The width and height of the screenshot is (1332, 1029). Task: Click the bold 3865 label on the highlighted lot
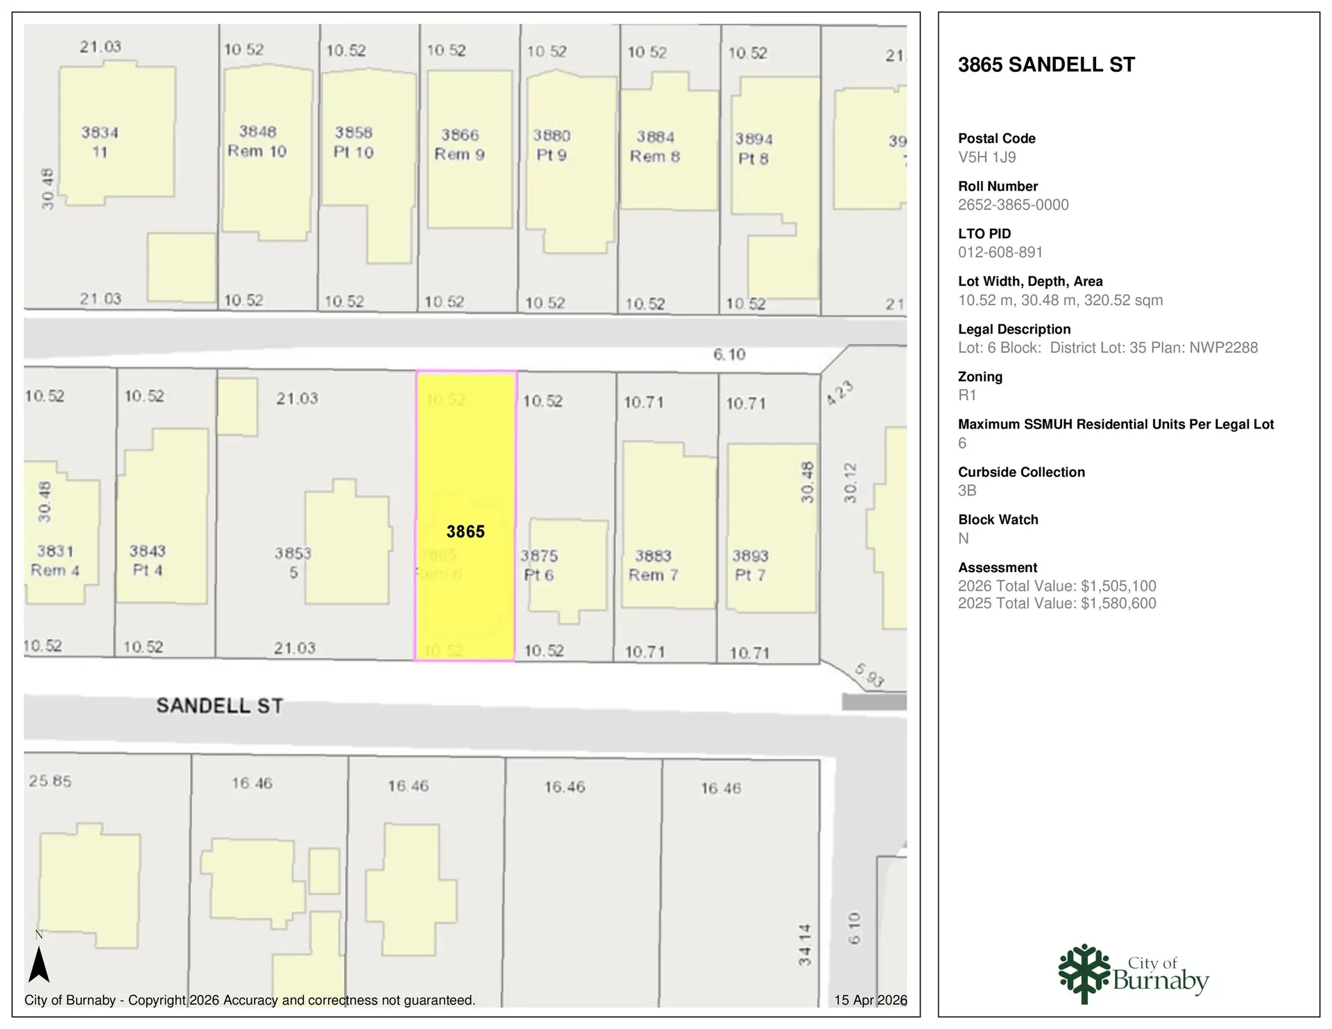[465, 532]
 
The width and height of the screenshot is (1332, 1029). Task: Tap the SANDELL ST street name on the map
[219, 706]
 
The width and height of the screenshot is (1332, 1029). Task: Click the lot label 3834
[100, 132]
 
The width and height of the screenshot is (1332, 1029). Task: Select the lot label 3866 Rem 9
[459, 144]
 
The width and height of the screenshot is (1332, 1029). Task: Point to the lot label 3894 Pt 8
[753, 148]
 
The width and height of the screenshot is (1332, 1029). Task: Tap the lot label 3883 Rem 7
[653, 565]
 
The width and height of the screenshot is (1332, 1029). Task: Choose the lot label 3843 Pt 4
[147, 560]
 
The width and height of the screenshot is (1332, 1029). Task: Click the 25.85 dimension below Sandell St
[50, 781]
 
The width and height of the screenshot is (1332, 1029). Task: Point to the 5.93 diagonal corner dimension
[869, 675]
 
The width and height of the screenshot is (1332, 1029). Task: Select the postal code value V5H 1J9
[987, 157]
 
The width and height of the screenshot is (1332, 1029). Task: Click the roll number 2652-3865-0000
[1013, 205]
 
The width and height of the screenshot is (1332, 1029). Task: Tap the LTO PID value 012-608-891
[1000, 252]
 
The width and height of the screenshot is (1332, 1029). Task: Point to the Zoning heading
[980, 377]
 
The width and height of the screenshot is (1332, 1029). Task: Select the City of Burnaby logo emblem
[1084, 974]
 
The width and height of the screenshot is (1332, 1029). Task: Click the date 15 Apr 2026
[870, 1000]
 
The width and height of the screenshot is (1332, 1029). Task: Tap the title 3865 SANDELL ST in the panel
[1046, 65]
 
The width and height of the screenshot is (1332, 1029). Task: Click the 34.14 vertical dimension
[804, 944]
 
